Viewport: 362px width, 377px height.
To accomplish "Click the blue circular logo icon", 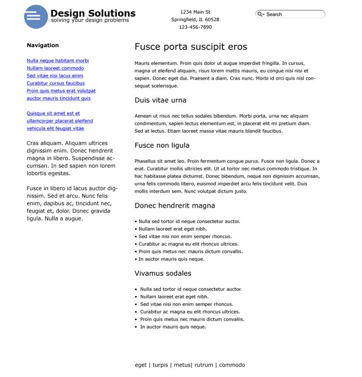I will [x=36, y=16].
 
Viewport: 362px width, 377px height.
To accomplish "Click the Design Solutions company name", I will [x=93, y=13].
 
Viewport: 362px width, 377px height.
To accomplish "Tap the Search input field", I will [x=294, y=14].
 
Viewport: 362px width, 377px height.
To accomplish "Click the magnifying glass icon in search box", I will [x=260, y=14].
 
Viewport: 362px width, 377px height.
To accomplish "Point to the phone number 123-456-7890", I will [x=195, y=27].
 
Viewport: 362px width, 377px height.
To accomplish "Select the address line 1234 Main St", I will [x=195, y=12].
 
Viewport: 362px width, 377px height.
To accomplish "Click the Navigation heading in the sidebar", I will [x=43, y=45].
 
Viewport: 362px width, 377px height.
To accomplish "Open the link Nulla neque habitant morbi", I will [x=58, y=61].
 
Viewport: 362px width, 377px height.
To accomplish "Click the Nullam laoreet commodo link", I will [x=55, y=68].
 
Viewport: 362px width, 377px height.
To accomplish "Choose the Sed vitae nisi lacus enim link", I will [x=55, y=76].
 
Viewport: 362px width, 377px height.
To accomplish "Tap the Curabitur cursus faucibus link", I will [x=56, y=83].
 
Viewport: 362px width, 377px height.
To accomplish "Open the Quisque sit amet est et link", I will [x=53, y=113].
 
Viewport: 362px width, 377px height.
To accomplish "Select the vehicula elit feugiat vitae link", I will [x=55, y=128].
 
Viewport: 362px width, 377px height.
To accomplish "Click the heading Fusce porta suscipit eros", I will [x=190, y=47].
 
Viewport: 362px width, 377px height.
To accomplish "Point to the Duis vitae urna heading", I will [x=160, y=100].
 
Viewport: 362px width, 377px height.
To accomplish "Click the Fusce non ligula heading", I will [x=162, y=145].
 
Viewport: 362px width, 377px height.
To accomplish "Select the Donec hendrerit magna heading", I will [x=174, y=206].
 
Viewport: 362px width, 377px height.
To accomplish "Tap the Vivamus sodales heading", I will [x=163, y=273].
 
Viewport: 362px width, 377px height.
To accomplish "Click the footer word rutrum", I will [x=204, y=365].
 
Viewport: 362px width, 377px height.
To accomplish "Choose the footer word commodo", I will [x=232, y=365].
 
